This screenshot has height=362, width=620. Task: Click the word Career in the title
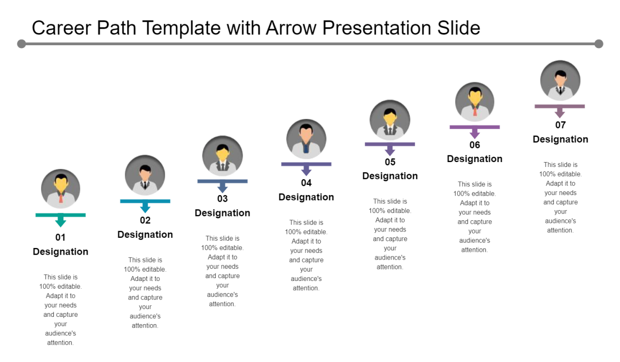click(62, 28)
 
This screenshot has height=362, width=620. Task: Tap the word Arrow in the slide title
click(291, 28)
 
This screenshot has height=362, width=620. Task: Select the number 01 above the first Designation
click(61, 237)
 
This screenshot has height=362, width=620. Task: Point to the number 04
click(306, 182)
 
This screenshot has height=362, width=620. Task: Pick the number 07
click(560, 125)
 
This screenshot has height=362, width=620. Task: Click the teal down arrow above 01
click(61, 219)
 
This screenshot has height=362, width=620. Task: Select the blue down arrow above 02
click(145, 205)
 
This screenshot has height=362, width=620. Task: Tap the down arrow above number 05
click(390, 148)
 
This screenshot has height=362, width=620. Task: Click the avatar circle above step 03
click(222, 156)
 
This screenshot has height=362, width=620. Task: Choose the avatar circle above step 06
click(475, 102)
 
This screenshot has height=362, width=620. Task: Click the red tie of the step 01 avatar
click(61, 198)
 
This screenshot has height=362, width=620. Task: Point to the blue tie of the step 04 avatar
click(306, 148)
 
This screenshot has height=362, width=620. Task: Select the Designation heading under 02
click(145, 234)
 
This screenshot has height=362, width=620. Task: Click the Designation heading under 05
click(390, 176)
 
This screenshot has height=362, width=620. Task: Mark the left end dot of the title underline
click(21, 44)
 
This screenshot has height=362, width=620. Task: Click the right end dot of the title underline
click(599, 44)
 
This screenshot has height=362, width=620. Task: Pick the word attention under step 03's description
click(222, 304)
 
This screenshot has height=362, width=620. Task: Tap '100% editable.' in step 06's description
click(475, 194)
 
